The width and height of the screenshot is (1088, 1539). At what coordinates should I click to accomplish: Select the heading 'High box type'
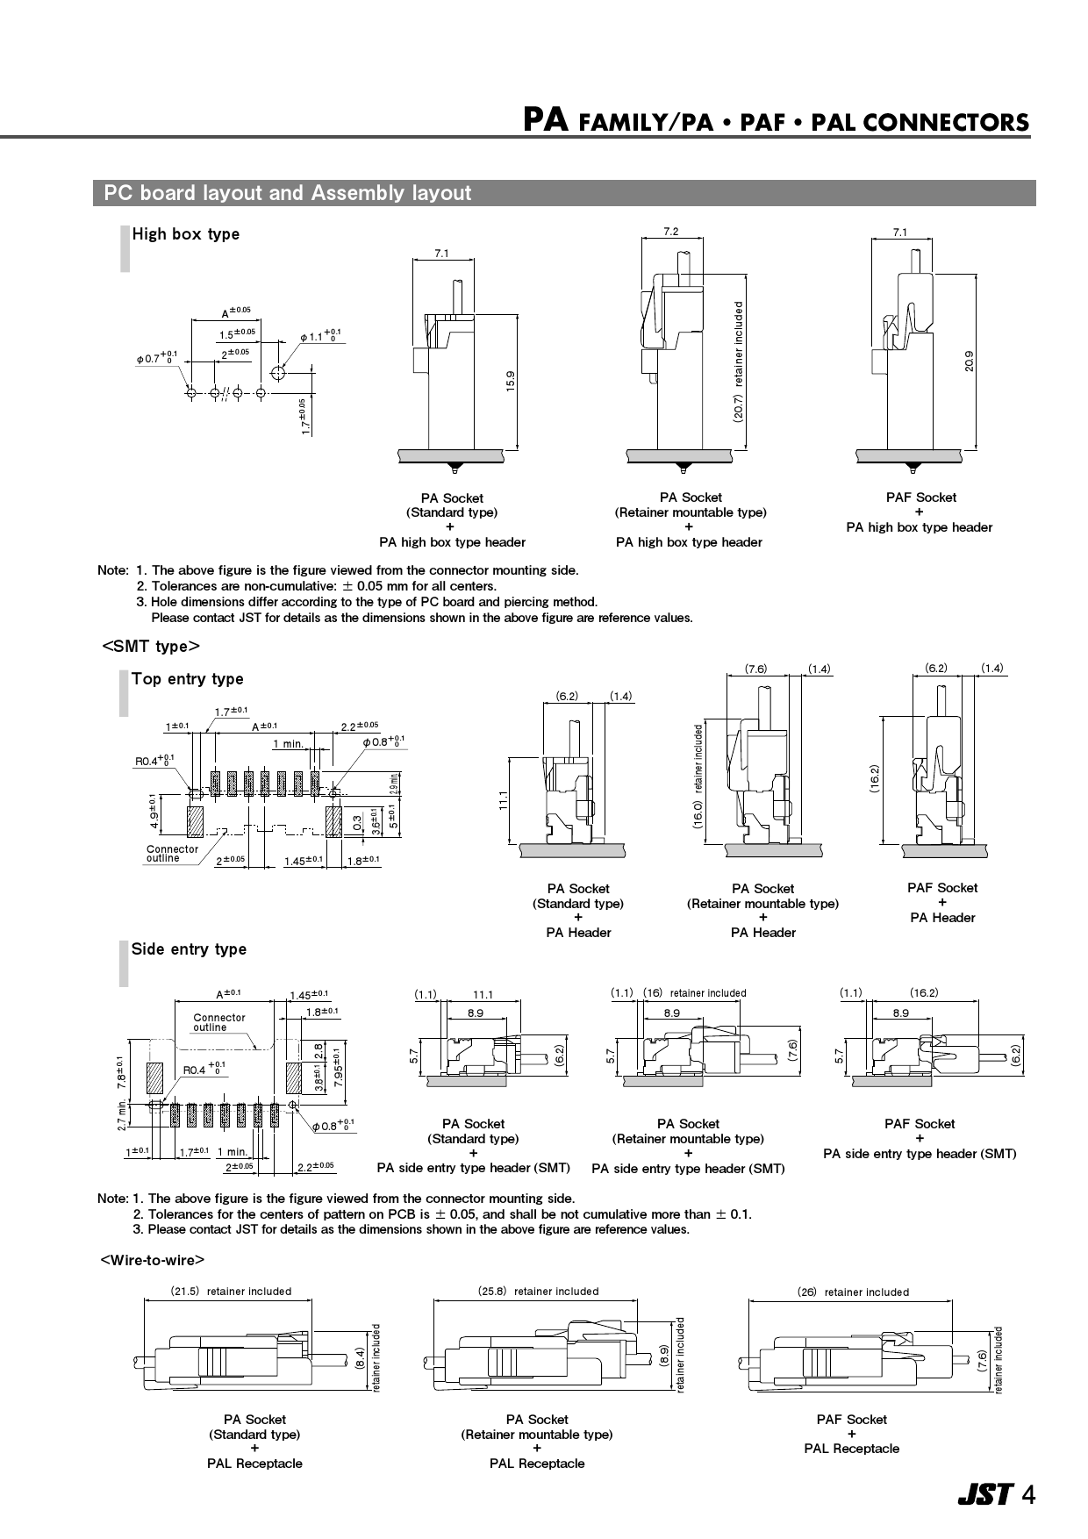pyautogui.click(x=185, y=234)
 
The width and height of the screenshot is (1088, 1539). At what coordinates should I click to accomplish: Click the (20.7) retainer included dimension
pyautogui.click(x=739, y=362)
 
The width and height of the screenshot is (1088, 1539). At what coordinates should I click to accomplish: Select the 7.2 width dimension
pyautogui.click(x=671, y=232)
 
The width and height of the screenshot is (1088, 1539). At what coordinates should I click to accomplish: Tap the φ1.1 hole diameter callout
pyautogui.click(x=319, y=336)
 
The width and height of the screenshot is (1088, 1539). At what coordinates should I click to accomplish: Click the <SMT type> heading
pyautogui.click(x=151, y=647)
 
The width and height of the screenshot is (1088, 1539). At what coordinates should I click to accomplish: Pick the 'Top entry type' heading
pyautogui.click(x=187, y=679)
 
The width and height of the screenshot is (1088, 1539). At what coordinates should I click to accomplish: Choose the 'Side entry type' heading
pyautogui.click(x=189, y=949)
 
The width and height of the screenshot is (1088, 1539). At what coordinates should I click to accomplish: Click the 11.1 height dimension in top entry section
pyautogui.click(x=505, y=801)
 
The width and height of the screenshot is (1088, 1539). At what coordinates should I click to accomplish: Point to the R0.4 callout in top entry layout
pyautogui.click(x=154, y=762)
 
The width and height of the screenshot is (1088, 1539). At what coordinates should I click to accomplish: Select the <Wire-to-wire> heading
pyautogui.click(x=153, y=1260)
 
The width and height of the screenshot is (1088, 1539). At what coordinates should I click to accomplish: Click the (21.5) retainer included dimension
pyautogui.click(x=231, y=1292)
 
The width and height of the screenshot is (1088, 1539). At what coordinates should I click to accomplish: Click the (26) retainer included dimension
pyautogui.click(x=852, y=1292)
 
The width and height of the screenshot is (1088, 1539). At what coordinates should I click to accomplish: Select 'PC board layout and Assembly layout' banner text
pyautogui.click(x=287, y=193)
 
